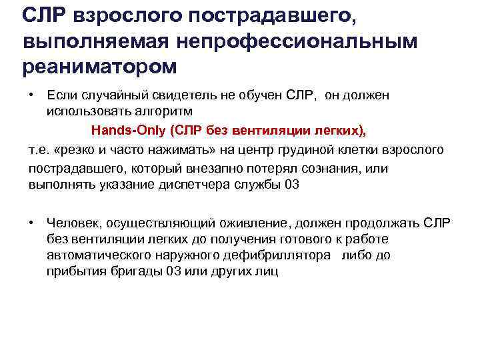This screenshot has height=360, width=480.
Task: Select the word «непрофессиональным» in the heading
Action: click(x=297, y=41)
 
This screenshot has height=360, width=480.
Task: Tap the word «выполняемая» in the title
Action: click(x=97, y=41)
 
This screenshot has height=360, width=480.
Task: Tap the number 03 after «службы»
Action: click(x=292, y=185)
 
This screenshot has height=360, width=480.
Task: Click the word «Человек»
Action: click(x=70, y=222)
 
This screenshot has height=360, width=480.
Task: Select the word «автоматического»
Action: click(x=97, y=255)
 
